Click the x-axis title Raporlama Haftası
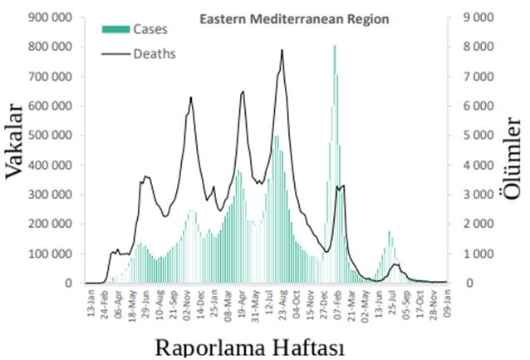coord(249,345)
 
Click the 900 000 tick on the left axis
coord(49,17)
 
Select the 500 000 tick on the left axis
coord(49,136)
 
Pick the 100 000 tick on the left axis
coord(49,254)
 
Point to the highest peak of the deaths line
coord(282,50)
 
